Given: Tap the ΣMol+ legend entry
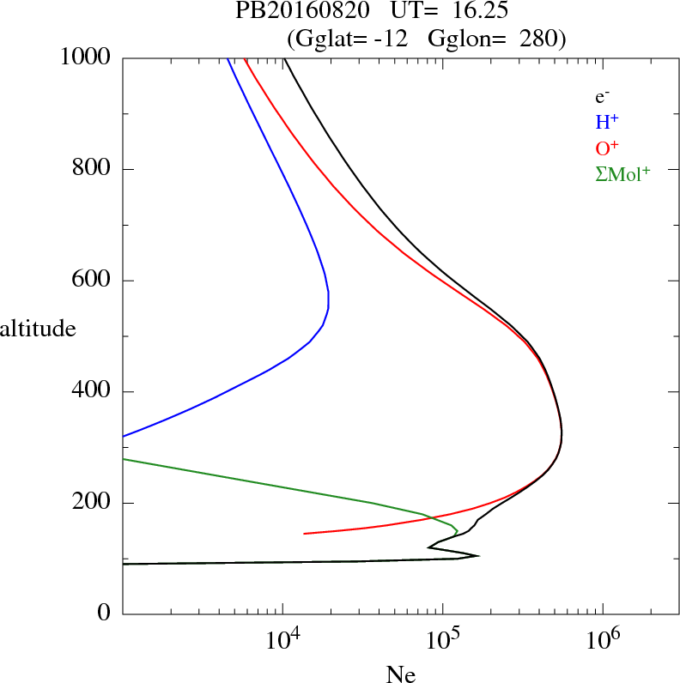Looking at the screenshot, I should coord(622,174).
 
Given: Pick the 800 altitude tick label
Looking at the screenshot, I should coord(93,169).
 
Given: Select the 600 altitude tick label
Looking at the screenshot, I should coord(93,281).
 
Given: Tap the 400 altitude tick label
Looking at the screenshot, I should coord(93,392).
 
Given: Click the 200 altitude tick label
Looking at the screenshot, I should coord(93,503).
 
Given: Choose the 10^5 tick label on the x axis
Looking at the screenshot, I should coord(443,639).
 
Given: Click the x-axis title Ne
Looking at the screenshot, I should coord(401,674).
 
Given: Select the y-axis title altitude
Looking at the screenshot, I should coord(38,328).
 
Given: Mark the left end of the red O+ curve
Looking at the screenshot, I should coord(305,534).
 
